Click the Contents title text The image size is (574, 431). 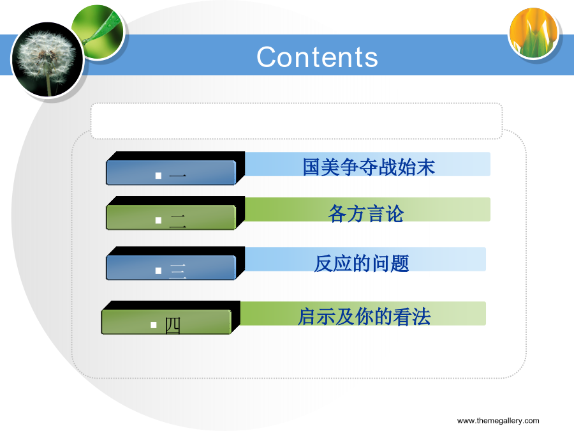tap(317, 57)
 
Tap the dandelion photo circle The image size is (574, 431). tap(48, 59)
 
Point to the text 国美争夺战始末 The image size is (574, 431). tap(369, 167)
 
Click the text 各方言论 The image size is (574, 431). tap(366, 214)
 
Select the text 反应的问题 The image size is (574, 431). tap(362, 264)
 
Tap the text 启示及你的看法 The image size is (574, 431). tap(364, 317)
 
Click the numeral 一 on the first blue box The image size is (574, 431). tap(177, 176)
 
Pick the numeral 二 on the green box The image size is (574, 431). tap(177, 221)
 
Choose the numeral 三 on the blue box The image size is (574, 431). tap(178, 271)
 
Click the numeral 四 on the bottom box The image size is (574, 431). tap(172, 326)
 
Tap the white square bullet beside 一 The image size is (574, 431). tap(158, 176)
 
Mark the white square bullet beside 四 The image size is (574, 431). tap(153, 325)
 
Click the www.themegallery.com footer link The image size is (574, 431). tap(498, 420)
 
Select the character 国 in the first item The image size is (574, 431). tap(312, 167)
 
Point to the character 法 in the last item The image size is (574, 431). tap(422, 317)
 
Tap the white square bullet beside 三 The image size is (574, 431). tap(158, 271)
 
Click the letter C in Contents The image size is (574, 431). tap(266, 57)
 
